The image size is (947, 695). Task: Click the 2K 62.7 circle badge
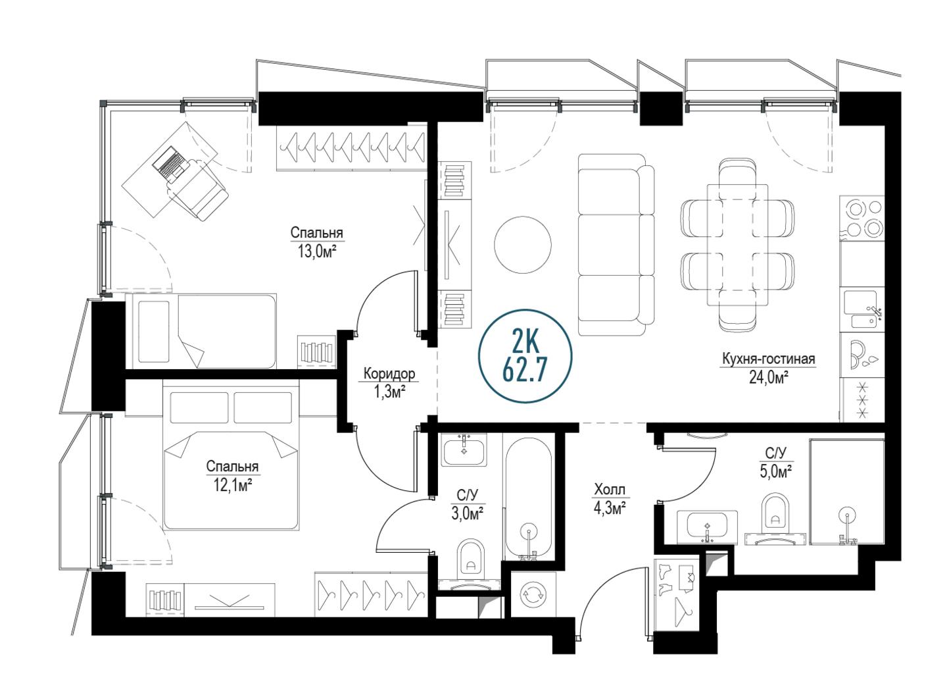click(525, 357)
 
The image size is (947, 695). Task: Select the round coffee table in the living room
click(523, 245)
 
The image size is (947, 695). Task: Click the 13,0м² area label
click(317, 252)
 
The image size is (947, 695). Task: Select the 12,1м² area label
click(233, 486)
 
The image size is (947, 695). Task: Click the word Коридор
click(389, 374)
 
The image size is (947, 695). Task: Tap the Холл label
click(609, 490)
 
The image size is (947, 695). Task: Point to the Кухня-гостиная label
click(768, 359)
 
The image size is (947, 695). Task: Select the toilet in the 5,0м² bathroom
click(775, 520)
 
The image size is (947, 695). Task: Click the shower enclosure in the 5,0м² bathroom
click(847, 492)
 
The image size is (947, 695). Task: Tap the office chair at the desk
click(199, 189)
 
